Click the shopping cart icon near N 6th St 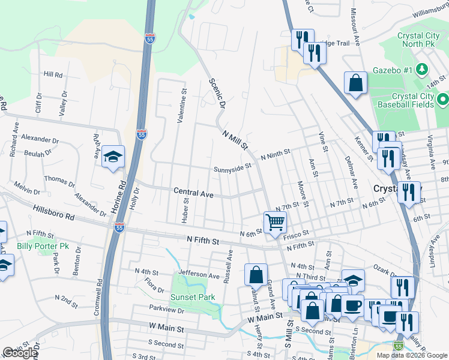point(275,222)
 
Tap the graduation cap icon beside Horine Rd point(113,157)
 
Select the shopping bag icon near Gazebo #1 point(355,83)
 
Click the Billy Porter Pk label point(43,247)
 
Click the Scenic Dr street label point(217,93)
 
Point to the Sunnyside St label point(233,168)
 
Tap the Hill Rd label point(53,75)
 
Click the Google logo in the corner point(20,353)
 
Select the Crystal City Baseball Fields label point(413,100)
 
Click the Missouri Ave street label point(355,29)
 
